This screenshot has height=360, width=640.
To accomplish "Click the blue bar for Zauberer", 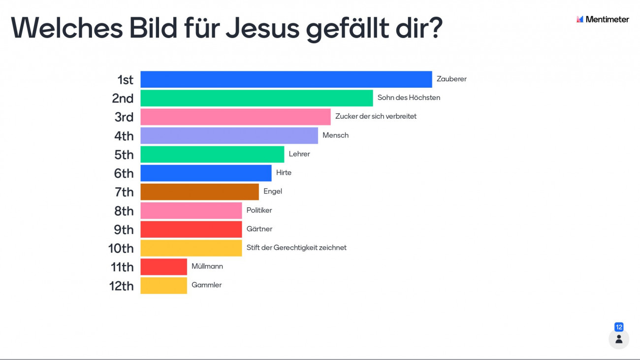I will point(286,79).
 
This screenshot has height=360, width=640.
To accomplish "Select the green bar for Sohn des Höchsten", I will point(256,98).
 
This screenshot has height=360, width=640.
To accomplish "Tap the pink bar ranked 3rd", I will point(235,117).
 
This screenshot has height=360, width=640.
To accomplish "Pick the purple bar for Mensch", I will point(229,135).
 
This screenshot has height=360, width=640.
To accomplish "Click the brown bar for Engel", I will point(199,192).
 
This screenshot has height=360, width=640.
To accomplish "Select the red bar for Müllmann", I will point(163,266).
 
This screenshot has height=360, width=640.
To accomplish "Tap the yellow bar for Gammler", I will point(163,285).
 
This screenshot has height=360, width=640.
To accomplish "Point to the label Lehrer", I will point(299,154).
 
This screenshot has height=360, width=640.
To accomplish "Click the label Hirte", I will point(284,173).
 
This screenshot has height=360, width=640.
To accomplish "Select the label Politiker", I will point(259,210).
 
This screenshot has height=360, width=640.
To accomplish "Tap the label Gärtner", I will point(259,229).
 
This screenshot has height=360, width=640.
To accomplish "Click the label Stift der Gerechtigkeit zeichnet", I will point(296,248).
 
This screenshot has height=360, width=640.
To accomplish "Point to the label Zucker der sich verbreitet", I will point(376,117).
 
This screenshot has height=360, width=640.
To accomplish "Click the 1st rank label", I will point(125,80).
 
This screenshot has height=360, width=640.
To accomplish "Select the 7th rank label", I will point(124,192).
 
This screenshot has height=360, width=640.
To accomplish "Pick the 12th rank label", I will point(121,286).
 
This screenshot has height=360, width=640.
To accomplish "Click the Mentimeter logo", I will point(603,20).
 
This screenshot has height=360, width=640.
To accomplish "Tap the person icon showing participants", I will point(619,339).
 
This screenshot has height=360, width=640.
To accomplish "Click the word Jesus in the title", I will point(262,29).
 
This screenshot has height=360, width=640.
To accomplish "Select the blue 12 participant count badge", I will point(619,327).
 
